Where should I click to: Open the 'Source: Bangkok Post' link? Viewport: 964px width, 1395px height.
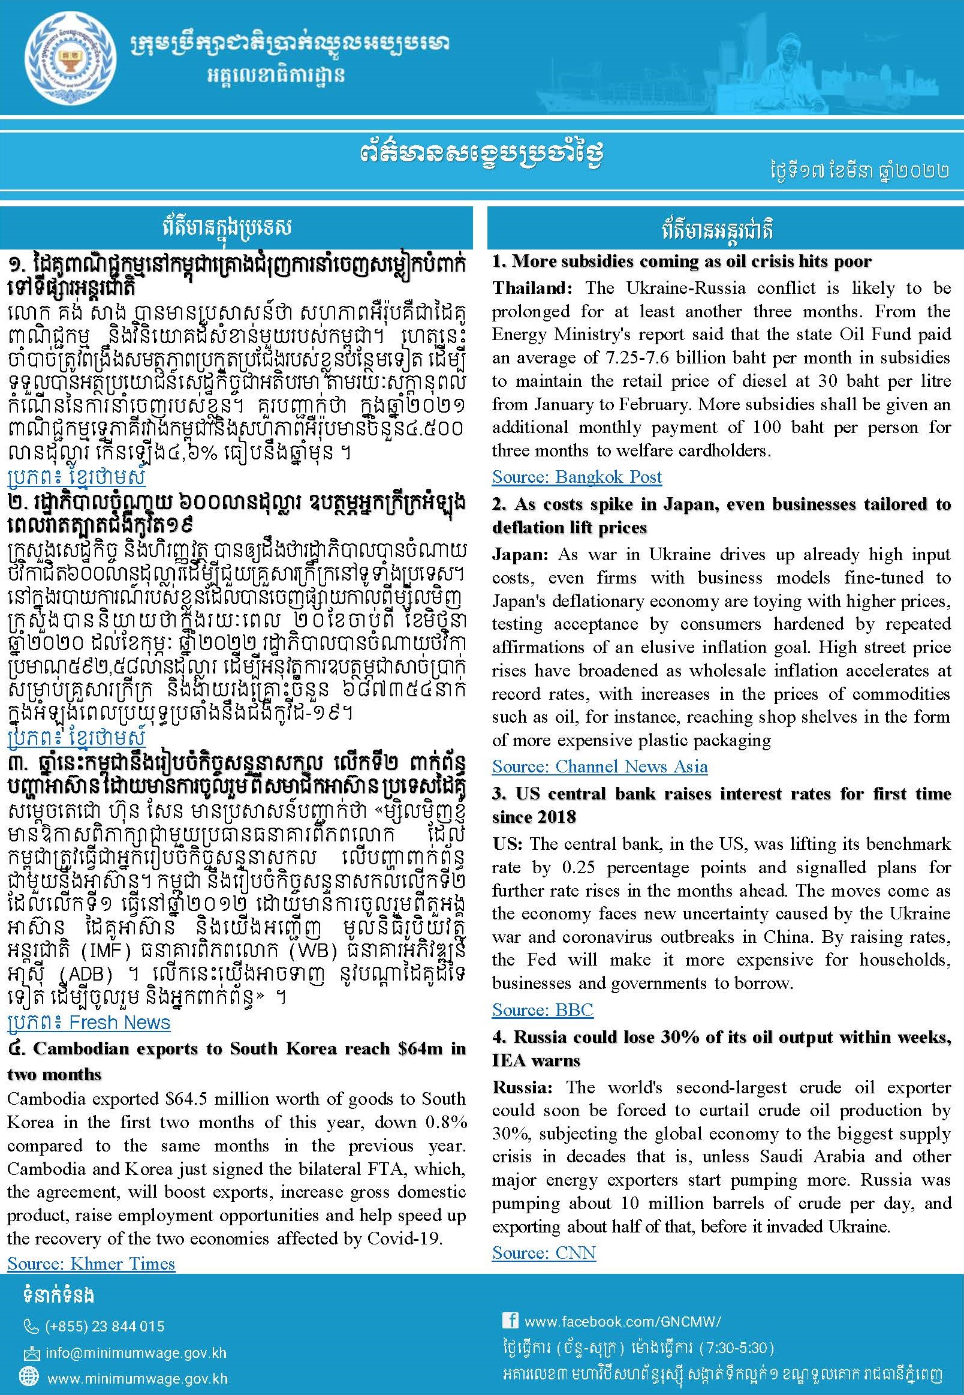point(577,477)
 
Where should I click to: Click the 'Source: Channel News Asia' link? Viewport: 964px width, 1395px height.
point(599,766)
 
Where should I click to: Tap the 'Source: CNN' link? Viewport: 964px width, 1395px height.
point(544,1253)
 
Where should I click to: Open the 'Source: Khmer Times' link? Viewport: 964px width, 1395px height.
point(91,1263)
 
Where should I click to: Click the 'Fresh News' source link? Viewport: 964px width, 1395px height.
point(119,1022)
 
